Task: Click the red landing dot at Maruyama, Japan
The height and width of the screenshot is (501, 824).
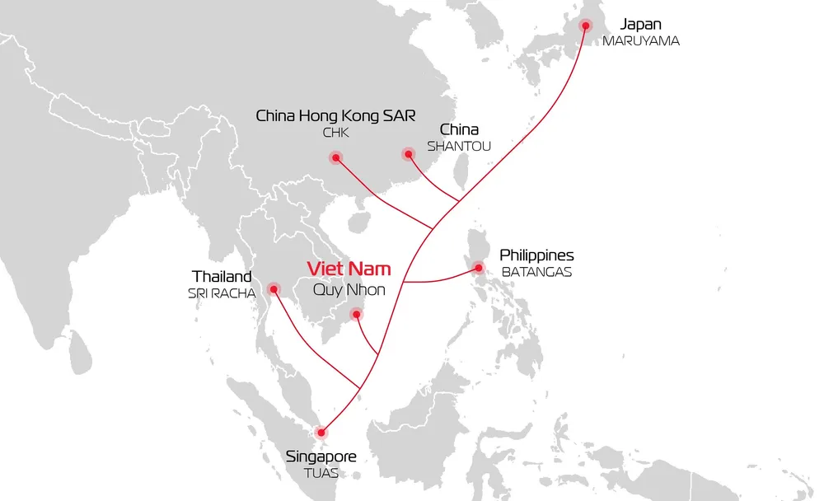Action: tap(586, 26)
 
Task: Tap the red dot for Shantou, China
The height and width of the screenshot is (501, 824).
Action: tap(408, 154)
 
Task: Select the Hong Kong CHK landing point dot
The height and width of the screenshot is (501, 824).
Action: tap(335, 158)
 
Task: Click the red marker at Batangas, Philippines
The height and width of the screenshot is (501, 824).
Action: tap(478, 267)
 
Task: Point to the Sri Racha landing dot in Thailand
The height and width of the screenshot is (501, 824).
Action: tap(274, 288)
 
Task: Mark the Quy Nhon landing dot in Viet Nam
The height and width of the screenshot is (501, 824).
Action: tap(356, 313)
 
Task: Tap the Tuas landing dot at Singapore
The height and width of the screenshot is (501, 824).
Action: tap(321, 432)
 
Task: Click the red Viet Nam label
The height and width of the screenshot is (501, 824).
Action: tap(349, 269)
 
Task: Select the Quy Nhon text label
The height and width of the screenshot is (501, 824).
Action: tap(349, 289)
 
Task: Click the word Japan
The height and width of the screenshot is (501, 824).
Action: tap(640, 24)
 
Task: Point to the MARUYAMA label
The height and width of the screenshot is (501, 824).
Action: tap(641, 40)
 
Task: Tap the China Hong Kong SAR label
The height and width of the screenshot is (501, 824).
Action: tap(335, 115)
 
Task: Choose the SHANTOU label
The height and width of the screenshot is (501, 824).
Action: tap(459, 147)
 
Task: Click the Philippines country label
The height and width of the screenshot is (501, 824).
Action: tap(536, 255)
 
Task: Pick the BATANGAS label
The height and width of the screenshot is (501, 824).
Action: tap(536, 272)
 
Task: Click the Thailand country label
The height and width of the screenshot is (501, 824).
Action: tap(222, 276)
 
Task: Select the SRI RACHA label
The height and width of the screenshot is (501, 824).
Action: tap(222, 293)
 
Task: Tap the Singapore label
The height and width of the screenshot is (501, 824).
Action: tap(321, 457)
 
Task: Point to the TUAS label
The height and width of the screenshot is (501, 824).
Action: tap(321, 473)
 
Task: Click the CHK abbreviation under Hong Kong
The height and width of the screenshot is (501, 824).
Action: tap(335, 132)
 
